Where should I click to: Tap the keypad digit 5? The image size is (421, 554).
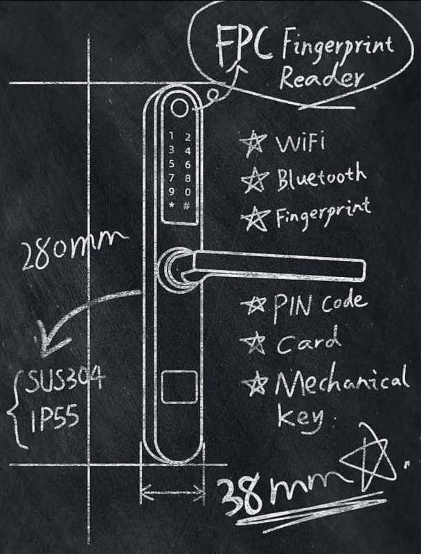171,163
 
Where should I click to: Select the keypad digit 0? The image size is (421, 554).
188,192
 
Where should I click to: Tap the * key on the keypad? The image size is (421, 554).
171,205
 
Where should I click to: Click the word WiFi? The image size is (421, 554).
300,144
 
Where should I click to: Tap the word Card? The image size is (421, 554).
309,341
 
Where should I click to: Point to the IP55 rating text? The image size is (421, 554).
55,420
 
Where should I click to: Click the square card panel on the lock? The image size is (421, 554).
179,387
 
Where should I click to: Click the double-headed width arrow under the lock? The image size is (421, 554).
173,490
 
